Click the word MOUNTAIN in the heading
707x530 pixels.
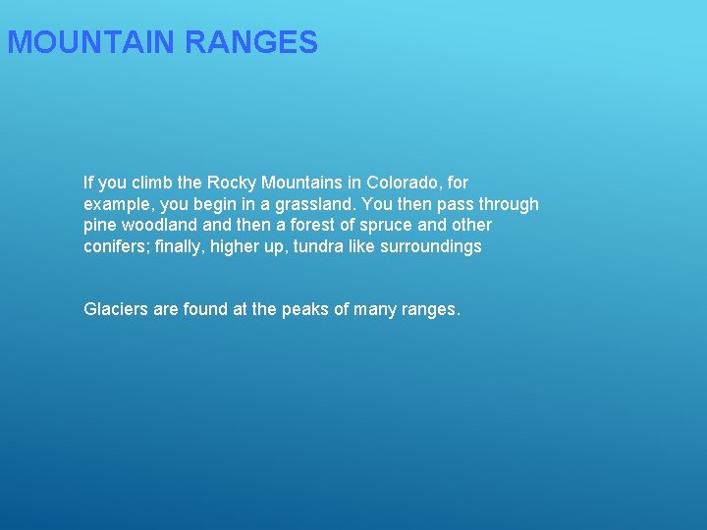[91, 43]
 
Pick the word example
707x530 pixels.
[116, 204]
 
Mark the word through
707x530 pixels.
[505, 204]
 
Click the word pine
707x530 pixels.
[100, 226]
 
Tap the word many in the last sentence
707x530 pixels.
[374, 310]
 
